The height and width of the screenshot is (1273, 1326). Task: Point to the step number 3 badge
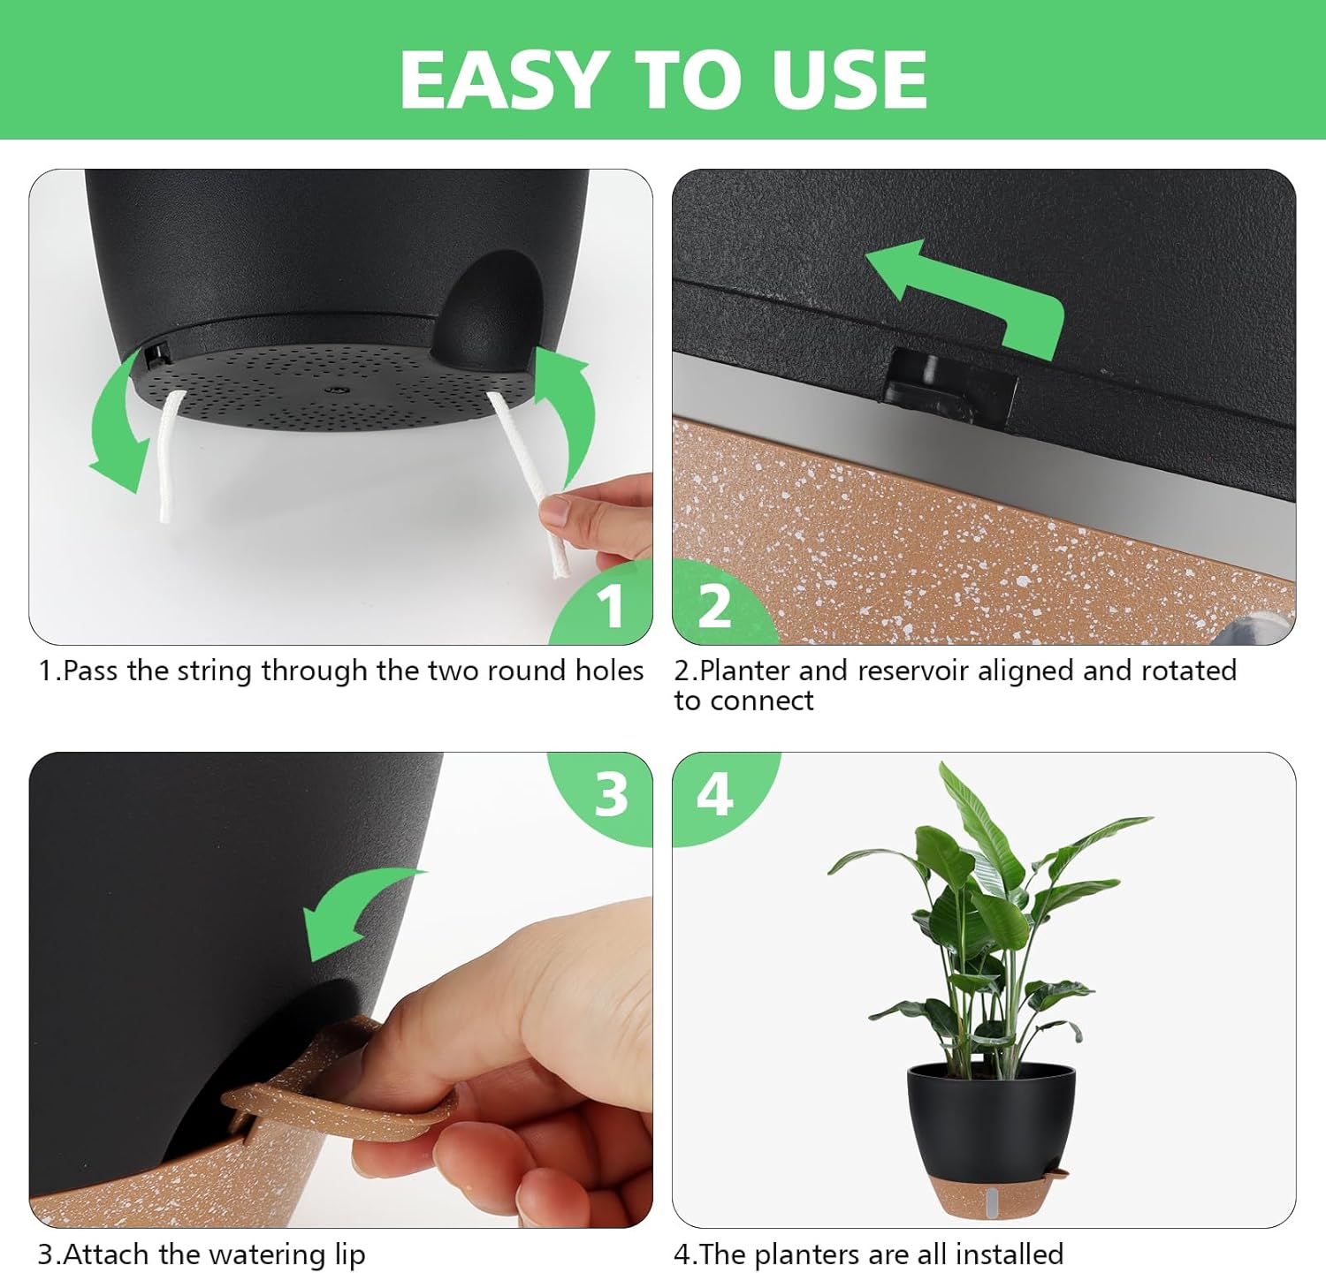coord(611,794)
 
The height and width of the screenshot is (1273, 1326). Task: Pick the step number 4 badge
coord(714,794)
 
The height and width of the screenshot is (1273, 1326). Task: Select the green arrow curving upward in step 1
coord(566,406)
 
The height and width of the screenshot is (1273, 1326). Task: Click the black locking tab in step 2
coord(950,385)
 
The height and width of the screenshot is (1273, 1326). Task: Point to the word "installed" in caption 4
coord(1009,1254)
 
